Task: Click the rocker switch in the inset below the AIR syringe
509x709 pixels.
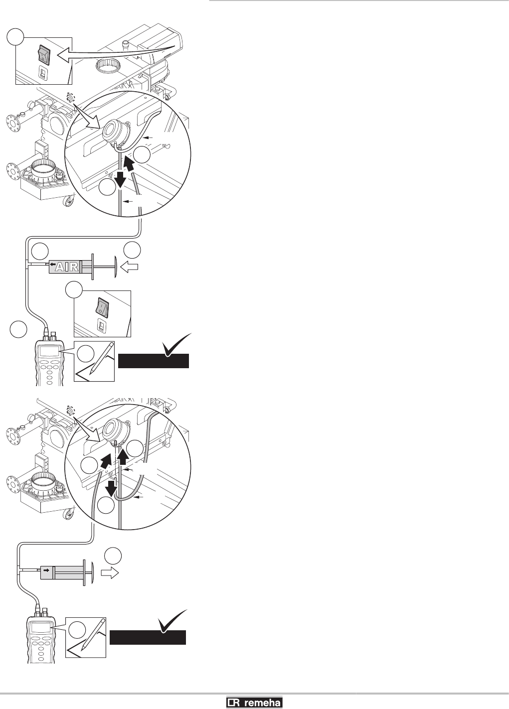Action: [101, 307]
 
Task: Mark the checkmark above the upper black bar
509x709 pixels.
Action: [175, 344]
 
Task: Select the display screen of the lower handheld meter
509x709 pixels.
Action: [41, 628]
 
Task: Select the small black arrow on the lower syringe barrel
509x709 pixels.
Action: [46, 569]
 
